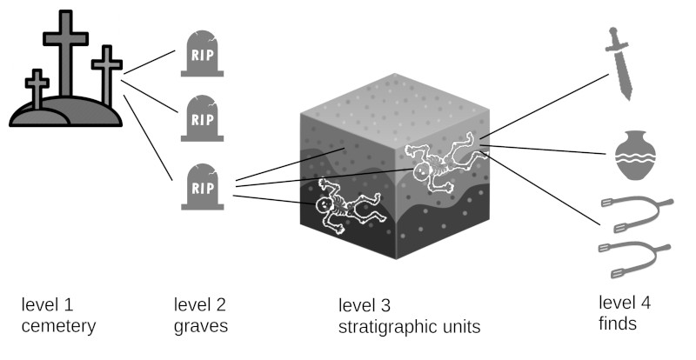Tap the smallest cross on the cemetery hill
[37, 87]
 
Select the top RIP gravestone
[202, 53]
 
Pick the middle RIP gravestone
[202, 119]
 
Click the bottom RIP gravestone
[202, 187]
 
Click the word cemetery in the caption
[57, 327]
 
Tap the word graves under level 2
[200, 327]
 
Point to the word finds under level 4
[618, 324]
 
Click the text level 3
[365, 306]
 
